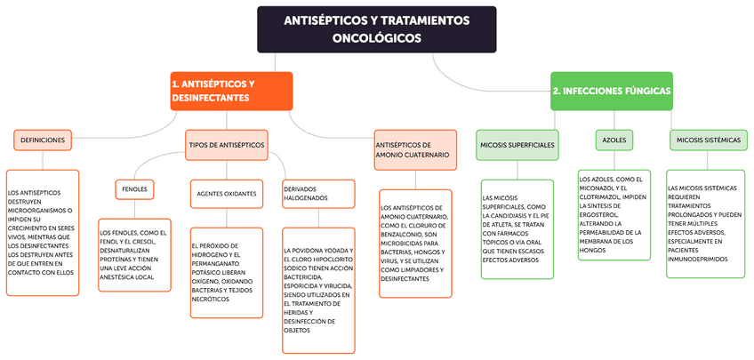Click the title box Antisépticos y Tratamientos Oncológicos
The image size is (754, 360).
(377, 28)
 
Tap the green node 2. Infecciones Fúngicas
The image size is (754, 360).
(611, 91)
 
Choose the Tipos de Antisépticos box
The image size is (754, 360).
(226, 144)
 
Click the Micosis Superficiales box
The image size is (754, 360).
(517, 144)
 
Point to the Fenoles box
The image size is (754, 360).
(134, 188)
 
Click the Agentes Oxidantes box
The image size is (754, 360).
(226, 192)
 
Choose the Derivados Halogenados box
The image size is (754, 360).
(313, 193)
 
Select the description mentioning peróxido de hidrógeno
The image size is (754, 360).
(226, 272)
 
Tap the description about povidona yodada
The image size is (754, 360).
(320, 284)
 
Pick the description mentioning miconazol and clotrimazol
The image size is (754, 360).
(614, 213)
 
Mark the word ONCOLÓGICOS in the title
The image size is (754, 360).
(377, 38)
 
